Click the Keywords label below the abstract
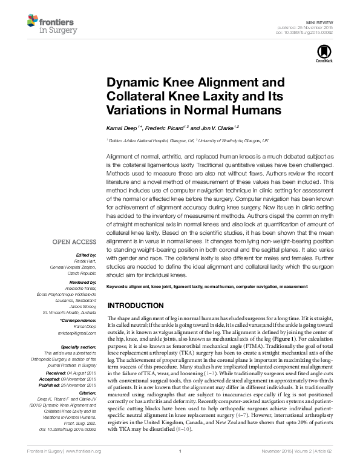click(118, 285)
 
